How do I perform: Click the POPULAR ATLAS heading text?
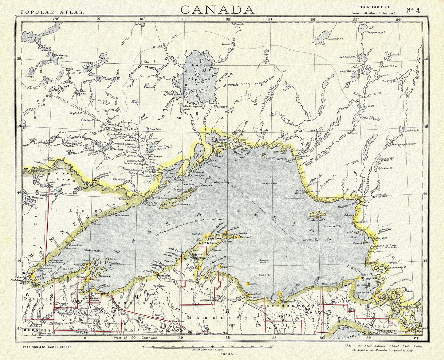(x=52, y=12)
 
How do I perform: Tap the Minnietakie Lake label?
(x=61, y=57)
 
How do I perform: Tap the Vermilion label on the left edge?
(x=36, y=198)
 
